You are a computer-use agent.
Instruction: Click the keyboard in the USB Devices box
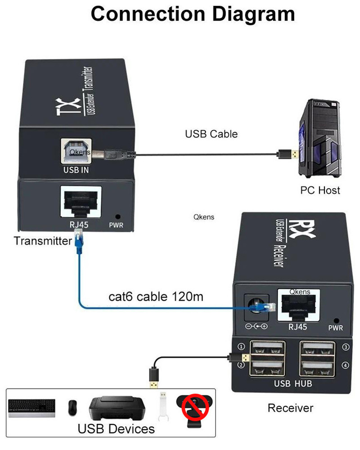31,408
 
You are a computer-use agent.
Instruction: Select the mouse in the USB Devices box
72,408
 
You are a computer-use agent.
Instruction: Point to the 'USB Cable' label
211,134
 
